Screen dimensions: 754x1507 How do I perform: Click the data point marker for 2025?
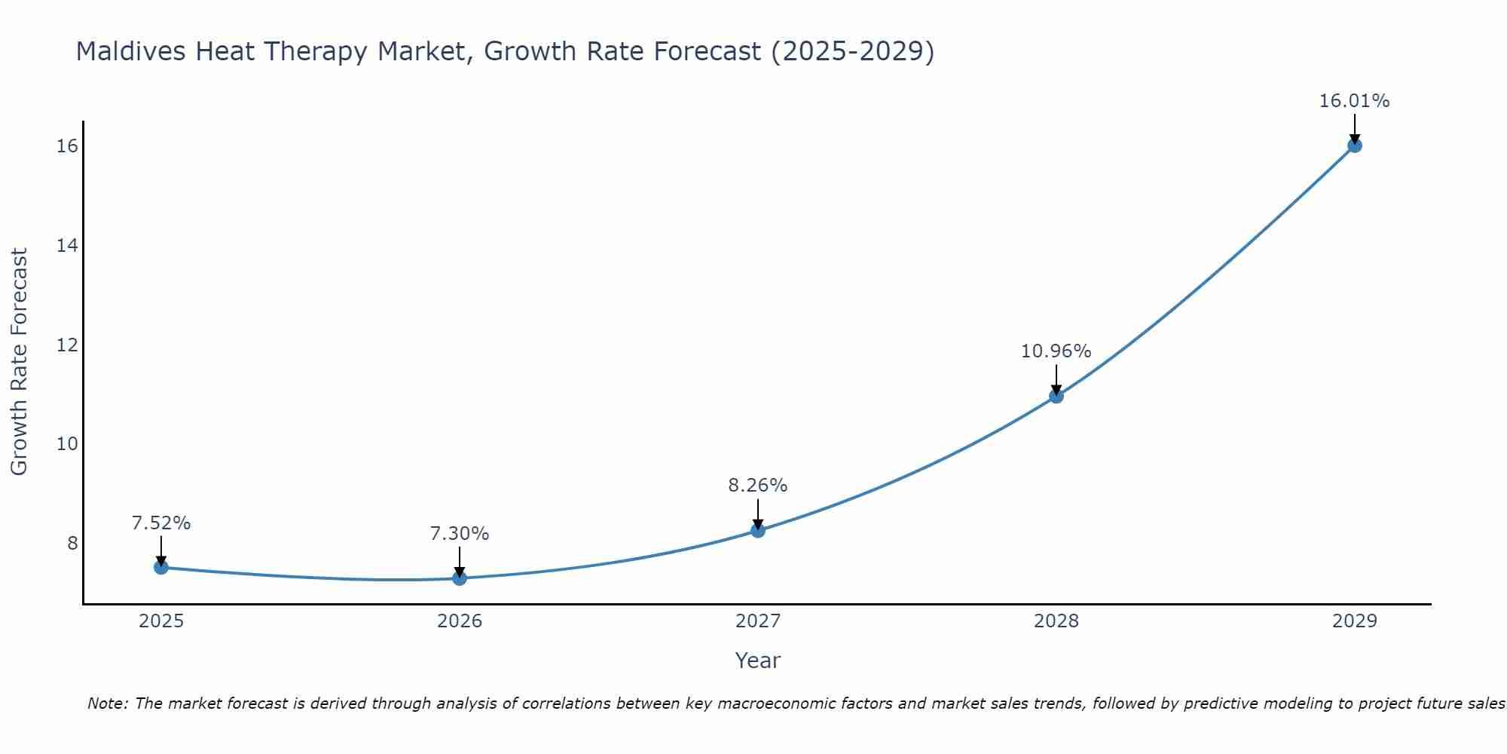pyautogui.click(x=161, y=567)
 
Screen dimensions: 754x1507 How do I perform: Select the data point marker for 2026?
pyautogui.click(x=460, y=578)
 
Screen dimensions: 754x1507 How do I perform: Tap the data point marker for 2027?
pyautogui.click(x=758, y=531)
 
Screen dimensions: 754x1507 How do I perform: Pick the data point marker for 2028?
pyautogui.click(x=1056, y=396)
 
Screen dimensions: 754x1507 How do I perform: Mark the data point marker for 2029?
pyautogui.click(x=1355, y=146)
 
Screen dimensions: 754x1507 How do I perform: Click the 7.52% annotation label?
pyautogui.click(x=161, y=523)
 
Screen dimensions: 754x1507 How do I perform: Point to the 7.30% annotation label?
pyautogui.click(x=460, y=534)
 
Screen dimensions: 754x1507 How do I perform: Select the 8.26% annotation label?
pyautogui.click(x=758, y=486)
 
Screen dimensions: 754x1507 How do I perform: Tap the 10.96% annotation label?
pyautogui.click(x=1056, y=351)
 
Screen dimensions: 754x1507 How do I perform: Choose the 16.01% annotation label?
pyautogui.click(x=1355, y=101)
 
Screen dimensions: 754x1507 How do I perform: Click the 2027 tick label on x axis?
pyautogui.click(x=758, y=621)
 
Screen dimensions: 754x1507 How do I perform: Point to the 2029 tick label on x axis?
pyautogui.click(x=1355, y=621)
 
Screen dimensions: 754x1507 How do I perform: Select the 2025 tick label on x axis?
pyautogui.click(x=161, y=621)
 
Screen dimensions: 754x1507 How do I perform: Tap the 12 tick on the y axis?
pyautogui.click(x=68, y=345)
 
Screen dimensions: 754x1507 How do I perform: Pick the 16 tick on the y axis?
pyautogui.click(x=68, y=146)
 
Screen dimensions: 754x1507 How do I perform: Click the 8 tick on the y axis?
pyautogui.click(x=72, y=543)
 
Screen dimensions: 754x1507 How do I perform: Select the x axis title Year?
pyautogui.click(x=758, y=661)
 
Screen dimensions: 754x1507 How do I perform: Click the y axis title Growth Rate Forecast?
pyautogui.click(x=20, y=362)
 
